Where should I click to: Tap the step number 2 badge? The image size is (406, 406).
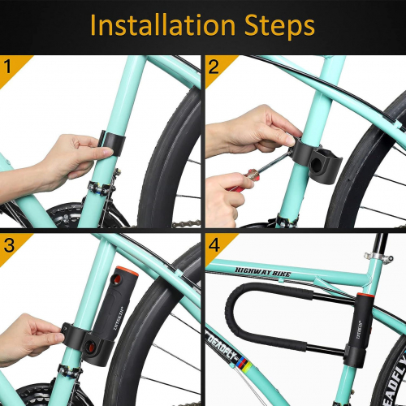(x=214, y=65)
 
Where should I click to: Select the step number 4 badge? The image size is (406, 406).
(x=214, y=243)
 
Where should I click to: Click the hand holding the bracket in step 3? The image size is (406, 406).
(x=32, y=337)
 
